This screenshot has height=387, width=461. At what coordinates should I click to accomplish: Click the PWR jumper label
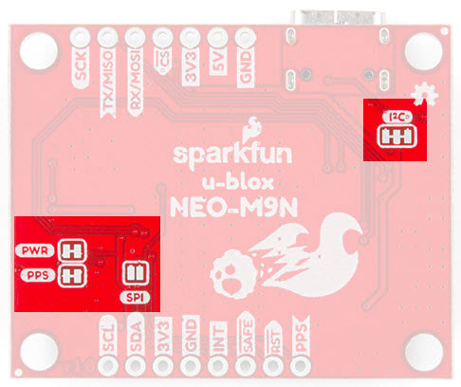[35, 250]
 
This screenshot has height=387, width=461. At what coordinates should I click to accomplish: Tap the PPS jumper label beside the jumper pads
[38, 275]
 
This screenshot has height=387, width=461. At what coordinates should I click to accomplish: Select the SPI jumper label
[135, 298]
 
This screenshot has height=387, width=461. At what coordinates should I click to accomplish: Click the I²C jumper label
[397, 118]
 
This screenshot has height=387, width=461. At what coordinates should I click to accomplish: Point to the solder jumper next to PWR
[73, 250]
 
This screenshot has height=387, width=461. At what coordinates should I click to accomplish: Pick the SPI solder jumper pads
[136, 272]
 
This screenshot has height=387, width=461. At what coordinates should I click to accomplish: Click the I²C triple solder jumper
[397, 137]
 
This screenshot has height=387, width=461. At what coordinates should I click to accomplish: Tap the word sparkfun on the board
[232, 154]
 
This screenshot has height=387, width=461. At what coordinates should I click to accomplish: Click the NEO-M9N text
[234, 208]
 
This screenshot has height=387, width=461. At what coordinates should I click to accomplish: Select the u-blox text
[238, 183]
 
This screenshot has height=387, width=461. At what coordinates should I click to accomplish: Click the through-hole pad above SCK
[80, 38]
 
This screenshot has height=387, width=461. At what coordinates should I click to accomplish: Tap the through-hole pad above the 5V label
[218, 38]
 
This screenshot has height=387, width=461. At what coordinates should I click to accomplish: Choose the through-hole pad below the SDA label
[136, 366]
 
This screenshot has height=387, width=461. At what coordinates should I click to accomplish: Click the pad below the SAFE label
[246, 366]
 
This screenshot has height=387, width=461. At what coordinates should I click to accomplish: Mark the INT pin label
[218, 338]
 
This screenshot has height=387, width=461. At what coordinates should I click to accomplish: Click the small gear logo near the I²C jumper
[425, 94]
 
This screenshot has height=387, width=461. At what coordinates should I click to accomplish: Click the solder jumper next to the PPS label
[73, 276]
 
